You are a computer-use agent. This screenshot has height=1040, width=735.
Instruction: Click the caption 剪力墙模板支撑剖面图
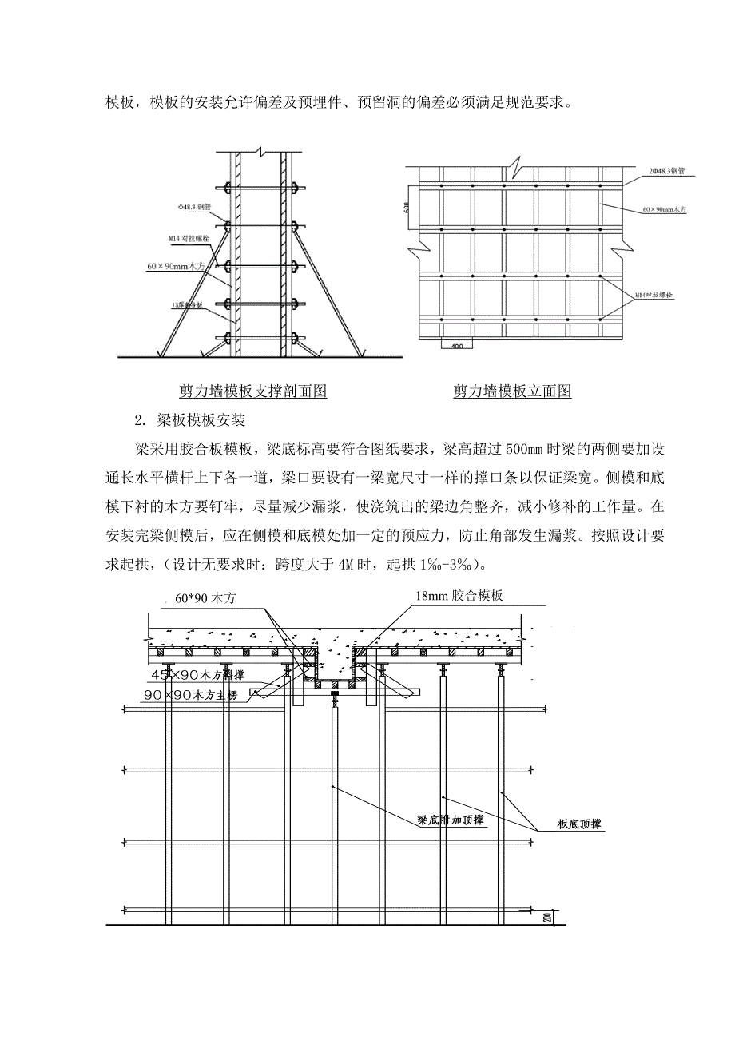pyautogui.click(x=253, y=391)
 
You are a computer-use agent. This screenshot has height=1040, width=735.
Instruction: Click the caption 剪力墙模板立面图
pyautogui.click(x=512, y=391)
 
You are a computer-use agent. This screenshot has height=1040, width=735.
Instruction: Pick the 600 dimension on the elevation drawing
pyautogui.click(x=408, y=208)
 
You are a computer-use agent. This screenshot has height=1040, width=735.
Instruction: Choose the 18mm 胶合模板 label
pyautogui.click(x=460, y=596)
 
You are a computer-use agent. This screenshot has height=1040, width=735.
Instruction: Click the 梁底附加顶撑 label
pyautogui.click(x=451, y=820)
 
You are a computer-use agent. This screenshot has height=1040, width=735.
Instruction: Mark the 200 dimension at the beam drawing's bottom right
pyautogui.click(x=547, y=917)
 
